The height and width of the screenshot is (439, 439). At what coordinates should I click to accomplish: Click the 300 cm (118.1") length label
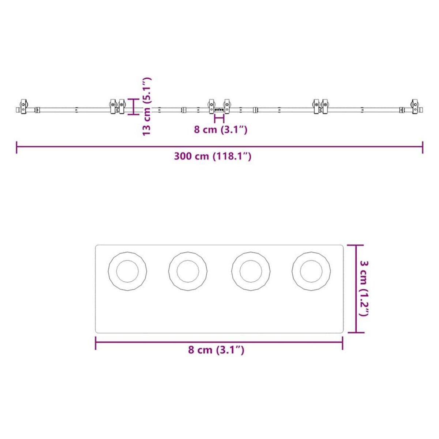coord(213,156)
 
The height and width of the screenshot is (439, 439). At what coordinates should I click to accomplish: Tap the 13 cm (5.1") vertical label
coord(146,106)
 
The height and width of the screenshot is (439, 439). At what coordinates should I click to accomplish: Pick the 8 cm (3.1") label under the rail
coord(221,130)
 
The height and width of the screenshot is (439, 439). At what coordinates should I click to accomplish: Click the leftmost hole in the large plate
coord(127,271)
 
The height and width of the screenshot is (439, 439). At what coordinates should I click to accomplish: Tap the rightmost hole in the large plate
coord(311,271)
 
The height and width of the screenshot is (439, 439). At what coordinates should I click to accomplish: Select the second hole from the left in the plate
coord(188,271)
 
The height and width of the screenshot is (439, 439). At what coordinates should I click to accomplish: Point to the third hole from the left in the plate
coord(251,271)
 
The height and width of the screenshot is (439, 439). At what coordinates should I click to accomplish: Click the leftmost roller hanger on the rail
coord(23,106)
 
